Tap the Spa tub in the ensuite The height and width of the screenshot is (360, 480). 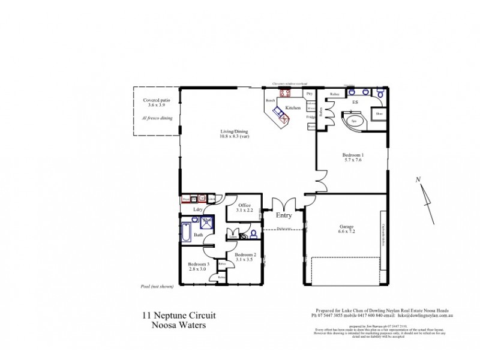354,121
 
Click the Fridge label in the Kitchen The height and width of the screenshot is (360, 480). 311,117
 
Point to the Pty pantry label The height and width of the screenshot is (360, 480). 310,94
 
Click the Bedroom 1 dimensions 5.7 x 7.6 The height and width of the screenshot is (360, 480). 354,161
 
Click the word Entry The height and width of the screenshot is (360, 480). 284,215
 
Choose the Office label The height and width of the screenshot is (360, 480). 244,205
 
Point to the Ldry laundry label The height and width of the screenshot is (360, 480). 197,209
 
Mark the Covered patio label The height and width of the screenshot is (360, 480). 155,100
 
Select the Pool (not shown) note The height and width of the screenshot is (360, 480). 157,287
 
